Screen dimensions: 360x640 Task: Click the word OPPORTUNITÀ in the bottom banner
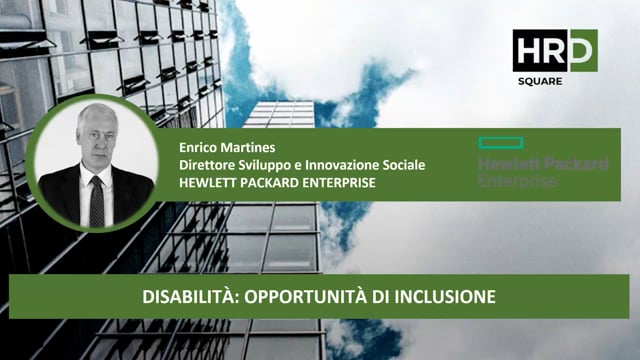[x=299, y=298]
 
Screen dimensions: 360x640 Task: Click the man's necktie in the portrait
[x=96, y=201]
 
